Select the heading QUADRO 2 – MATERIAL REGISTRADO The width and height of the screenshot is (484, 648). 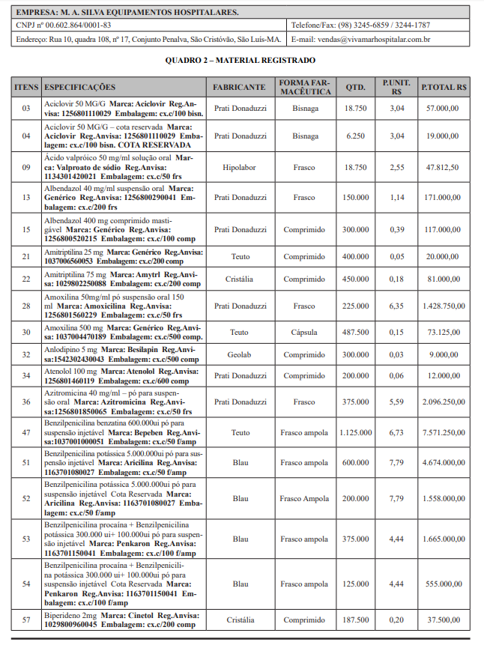(x=241, y=60)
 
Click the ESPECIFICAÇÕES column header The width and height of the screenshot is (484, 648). (x=80, y=88)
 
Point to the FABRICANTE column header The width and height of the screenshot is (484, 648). (x=239, y=88)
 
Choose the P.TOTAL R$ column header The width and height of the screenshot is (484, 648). (x=444, y=88)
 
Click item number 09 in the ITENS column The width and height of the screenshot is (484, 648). (x=26, y=168)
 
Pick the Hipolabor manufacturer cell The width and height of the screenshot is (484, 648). (x=239, y=168)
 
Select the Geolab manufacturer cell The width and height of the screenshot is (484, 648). (x=239, y=354)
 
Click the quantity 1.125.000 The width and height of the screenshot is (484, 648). (x=355, y=432)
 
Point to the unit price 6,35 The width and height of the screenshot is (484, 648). (x=397, y=306)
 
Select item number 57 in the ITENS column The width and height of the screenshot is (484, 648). (x=26, y=620)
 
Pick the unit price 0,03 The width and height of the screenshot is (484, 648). (x=397, y=354)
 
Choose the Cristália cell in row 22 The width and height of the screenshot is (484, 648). (x=239, y=279)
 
